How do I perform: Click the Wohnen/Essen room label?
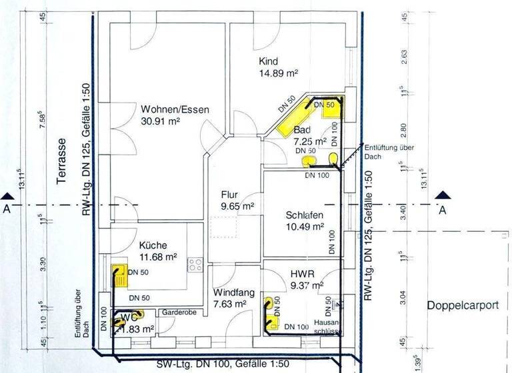[x=175, y=110]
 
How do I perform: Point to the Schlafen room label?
[x=305, y=214]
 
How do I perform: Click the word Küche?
[x=153, y=244]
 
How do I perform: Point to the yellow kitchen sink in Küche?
[x=118, y=274]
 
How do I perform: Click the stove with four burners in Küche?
[x=195, y=264]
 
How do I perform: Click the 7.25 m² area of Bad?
[x=310, y=141]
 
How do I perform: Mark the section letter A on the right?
[x=442, y=210]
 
